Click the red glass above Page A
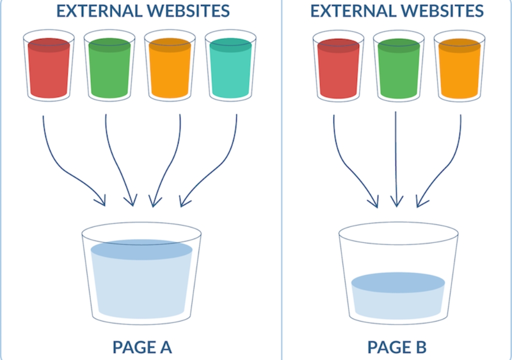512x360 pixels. coord(48,65)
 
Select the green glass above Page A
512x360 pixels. coord(109,65)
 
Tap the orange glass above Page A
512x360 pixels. coord(170,65)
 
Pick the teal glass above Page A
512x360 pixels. coord(230,65)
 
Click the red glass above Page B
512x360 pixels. coord(338,66)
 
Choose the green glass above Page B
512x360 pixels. coord(398,66)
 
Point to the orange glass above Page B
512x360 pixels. coord(459,66)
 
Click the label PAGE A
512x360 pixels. coord(142,347)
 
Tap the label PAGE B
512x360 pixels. coord(396,347)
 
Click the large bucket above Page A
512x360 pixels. coord(141,273)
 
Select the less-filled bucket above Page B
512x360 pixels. coord(398,273)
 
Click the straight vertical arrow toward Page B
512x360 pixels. coord(396,159)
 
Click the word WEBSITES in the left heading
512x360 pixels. coord(188,11)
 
